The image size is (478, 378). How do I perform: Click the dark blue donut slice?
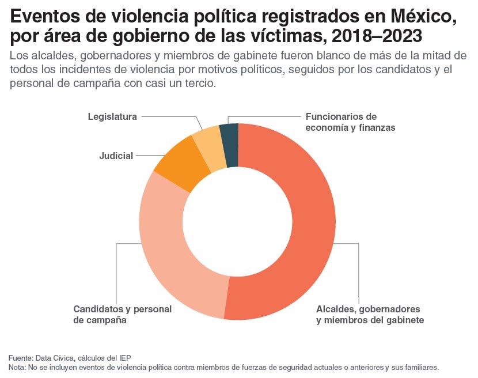[230, 145]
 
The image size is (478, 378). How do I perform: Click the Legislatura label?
[112, 117]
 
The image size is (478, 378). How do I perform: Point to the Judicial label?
[116, 156]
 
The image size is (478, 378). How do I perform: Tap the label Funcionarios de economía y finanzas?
[350, 122]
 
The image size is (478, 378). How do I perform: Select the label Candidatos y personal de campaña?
[122, 314]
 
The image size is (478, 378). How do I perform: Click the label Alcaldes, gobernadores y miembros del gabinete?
[370, 314]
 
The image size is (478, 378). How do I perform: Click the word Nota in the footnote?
[17, 367]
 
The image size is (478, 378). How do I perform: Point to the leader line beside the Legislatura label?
[170, 117]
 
